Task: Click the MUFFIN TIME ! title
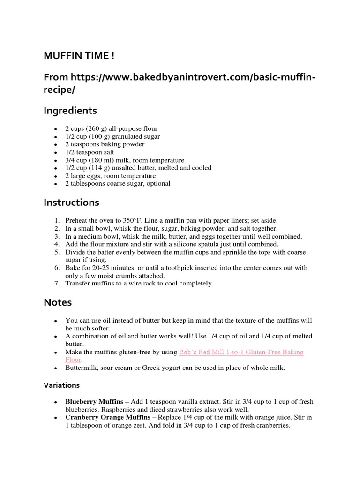tap(78, 56)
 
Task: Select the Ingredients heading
tap(70, 111)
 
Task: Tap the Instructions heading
tap(71, 202)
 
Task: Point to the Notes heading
tap(58, 302)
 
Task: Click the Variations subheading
tap(61, 385)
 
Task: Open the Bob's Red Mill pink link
tap(241, 352)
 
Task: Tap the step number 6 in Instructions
tap(57, 268)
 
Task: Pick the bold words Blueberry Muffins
tap(97, 402)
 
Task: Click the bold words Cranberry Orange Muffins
tap(111, 417)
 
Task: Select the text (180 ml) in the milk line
tap(100, 160)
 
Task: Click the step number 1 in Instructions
tap(57, 220)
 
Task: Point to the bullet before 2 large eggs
tap(56, 176)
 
